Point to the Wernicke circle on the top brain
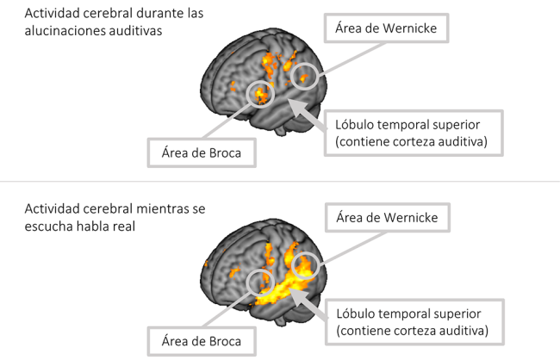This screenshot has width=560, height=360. [x=304, y=77]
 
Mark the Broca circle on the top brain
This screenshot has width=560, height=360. [x=261, y=94]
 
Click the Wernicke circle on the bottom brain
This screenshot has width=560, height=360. [x=306, y=265]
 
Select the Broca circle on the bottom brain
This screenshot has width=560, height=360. [x=259, y=280]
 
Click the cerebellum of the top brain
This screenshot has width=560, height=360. [x=281, y=129]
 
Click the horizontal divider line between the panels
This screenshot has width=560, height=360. [x=280, y=182]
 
